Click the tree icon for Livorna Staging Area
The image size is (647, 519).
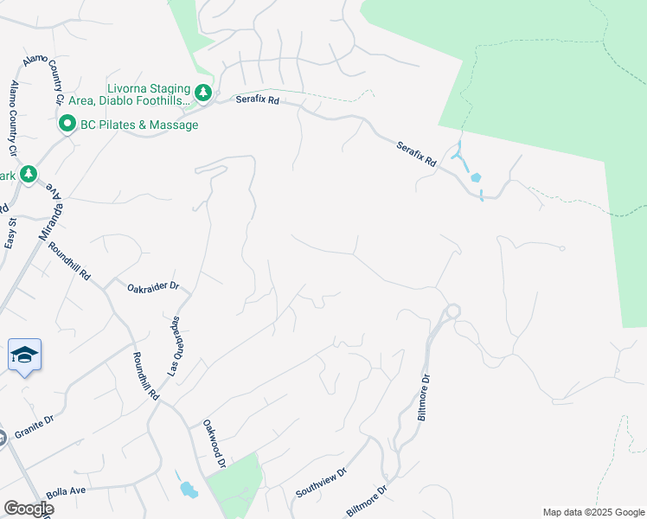pyautogui.click(x=202, y=92)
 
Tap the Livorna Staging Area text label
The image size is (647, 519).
pyautogui.click(x=147, y=94)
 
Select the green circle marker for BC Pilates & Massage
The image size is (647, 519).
pyautogui.click(x=67, y=125)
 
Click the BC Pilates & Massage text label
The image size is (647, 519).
pyautogui.click(x=138, y=125)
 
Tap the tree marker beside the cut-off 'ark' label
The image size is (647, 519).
pyautogui.click(x=29, y=175)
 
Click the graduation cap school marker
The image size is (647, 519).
pyautogui.click(x=24, y=355)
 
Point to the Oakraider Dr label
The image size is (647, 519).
pyautogui.click(x=152, y=286)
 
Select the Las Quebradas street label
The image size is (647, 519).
pyautogui.click(x=173, y=345)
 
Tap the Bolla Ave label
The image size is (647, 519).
pyautogui.click(x=66, y=491)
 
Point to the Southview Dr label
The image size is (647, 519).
pyautogui.click(x=320, y=483)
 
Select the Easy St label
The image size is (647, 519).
pyautogui.click(x=10, y=227)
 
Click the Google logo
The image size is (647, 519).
pyautogui.click(x=28, y=509)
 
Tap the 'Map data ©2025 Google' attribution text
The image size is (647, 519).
pyautogui.click(x=593, y=511)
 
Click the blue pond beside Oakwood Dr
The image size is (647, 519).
pyautogui.click(x=187, y=489)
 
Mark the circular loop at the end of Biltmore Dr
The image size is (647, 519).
pyautogui.click(x=452, y=311)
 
